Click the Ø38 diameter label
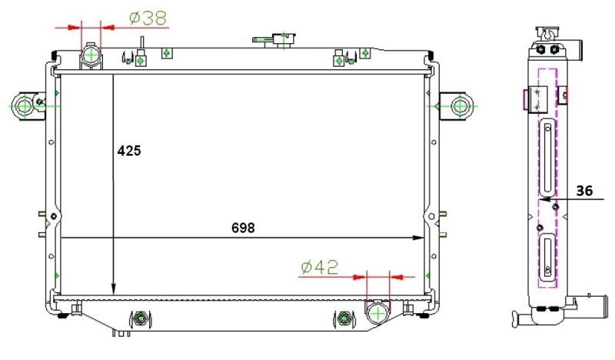[148, 18]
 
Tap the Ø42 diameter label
[319, 268]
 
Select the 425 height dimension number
[128, 151]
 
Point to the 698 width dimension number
[243, 228]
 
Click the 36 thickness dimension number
[584, 191]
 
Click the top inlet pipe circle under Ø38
[91, 54]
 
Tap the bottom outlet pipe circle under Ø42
[377, 313]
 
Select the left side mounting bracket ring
[24, 106]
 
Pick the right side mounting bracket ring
[460, 106]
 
